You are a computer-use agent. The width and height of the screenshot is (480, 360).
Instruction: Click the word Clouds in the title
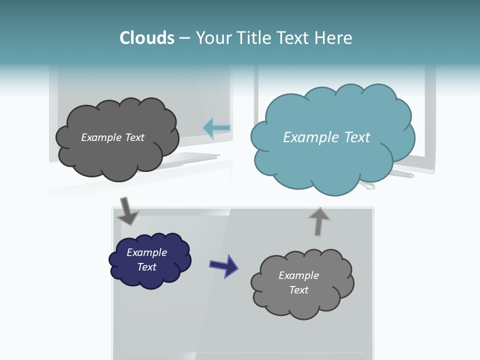147,38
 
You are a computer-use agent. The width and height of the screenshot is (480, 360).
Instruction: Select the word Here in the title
334,38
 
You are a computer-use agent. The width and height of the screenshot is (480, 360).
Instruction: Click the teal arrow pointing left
216,128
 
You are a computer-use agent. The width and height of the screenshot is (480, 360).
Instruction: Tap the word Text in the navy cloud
147,267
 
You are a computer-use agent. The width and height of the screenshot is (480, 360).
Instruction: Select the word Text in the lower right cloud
298,290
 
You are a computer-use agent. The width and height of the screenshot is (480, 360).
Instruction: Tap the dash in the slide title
184,38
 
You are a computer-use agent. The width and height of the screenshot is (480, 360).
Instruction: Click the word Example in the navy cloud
147,252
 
